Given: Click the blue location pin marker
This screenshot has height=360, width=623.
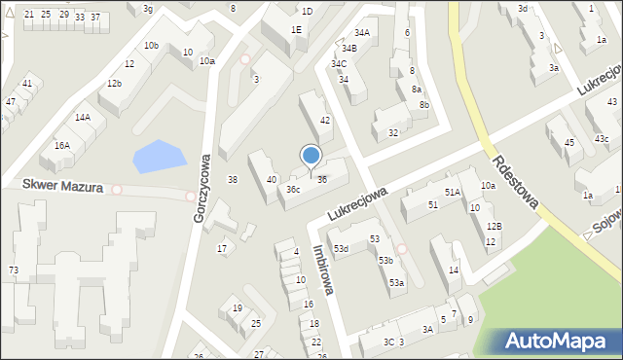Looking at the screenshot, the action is click(311, 156).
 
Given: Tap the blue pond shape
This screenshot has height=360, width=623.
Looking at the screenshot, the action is click(158, 156).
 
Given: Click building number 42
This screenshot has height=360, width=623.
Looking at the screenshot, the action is click(326, 120).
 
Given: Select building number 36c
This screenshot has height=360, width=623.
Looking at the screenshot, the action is click(293, 190).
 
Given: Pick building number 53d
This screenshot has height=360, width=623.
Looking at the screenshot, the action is click(341, 249).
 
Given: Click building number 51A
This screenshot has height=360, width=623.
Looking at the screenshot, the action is click(453, 193).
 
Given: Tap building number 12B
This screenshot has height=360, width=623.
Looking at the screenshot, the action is click(494, 226).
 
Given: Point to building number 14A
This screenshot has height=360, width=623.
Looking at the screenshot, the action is click(83, 118).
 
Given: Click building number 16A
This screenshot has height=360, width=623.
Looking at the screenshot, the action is click(61, 145).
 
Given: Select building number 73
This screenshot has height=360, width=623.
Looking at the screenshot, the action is click(13, 270).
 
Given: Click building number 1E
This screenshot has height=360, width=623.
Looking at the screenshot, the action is click(296, 30).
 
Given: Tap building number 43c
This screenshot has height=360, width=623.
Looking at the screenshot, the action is click(603, 139).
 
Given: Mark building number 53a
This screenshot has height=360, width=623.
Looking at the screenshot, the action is click(397, 282).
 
